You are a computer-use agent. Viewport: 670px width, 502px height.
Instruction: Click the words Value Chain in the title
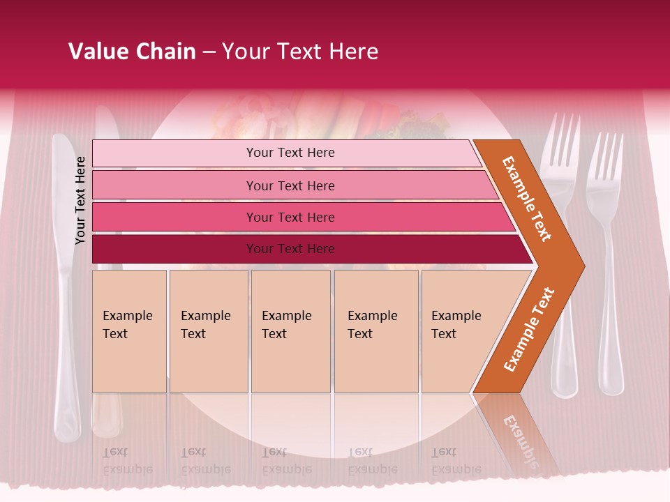(132, 52)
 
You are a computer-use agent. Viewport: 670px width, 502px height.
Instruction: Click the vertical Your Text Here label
(81, 200)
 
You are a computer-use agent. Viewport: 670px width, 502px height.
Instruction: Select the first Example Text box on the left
(129, 331)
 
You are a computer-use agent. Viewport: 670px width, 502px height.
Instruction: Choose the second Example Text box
(208, 331)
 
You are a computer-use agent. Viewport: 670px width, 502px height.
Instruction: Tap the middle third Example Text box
(290, 331)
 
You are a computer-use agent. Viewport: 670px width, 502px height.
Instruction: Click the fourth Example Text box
(375, 331)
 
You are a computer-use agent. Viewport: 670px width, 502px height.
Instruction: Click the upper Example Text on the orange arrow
(527, 199)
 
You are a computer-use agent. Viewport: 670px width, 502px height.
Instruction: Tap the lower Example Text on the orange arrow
(529, 329)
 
